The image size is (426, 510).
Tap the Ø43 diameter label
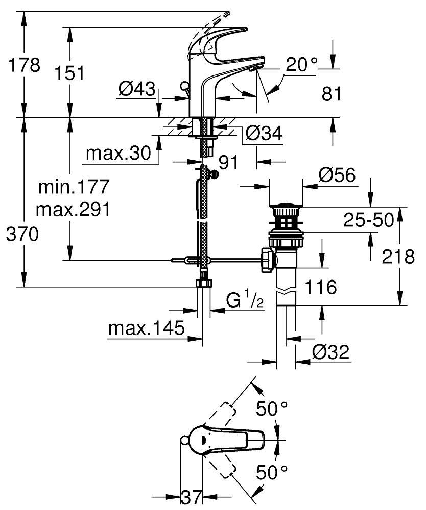(136, 89)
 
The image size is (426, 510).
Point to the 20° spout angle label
(301, 65)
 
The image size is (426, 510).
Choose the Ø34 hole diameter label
(264, 134)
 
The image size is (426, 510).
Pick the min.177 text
(75, 187)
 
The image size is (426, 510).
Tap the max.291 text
(75, 209)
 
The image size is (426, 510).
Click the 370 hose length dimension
(21, 235)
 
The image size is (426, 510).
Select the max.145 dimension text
(146, 329)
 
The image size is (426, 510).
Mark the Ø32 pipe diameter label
(329, 351)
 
